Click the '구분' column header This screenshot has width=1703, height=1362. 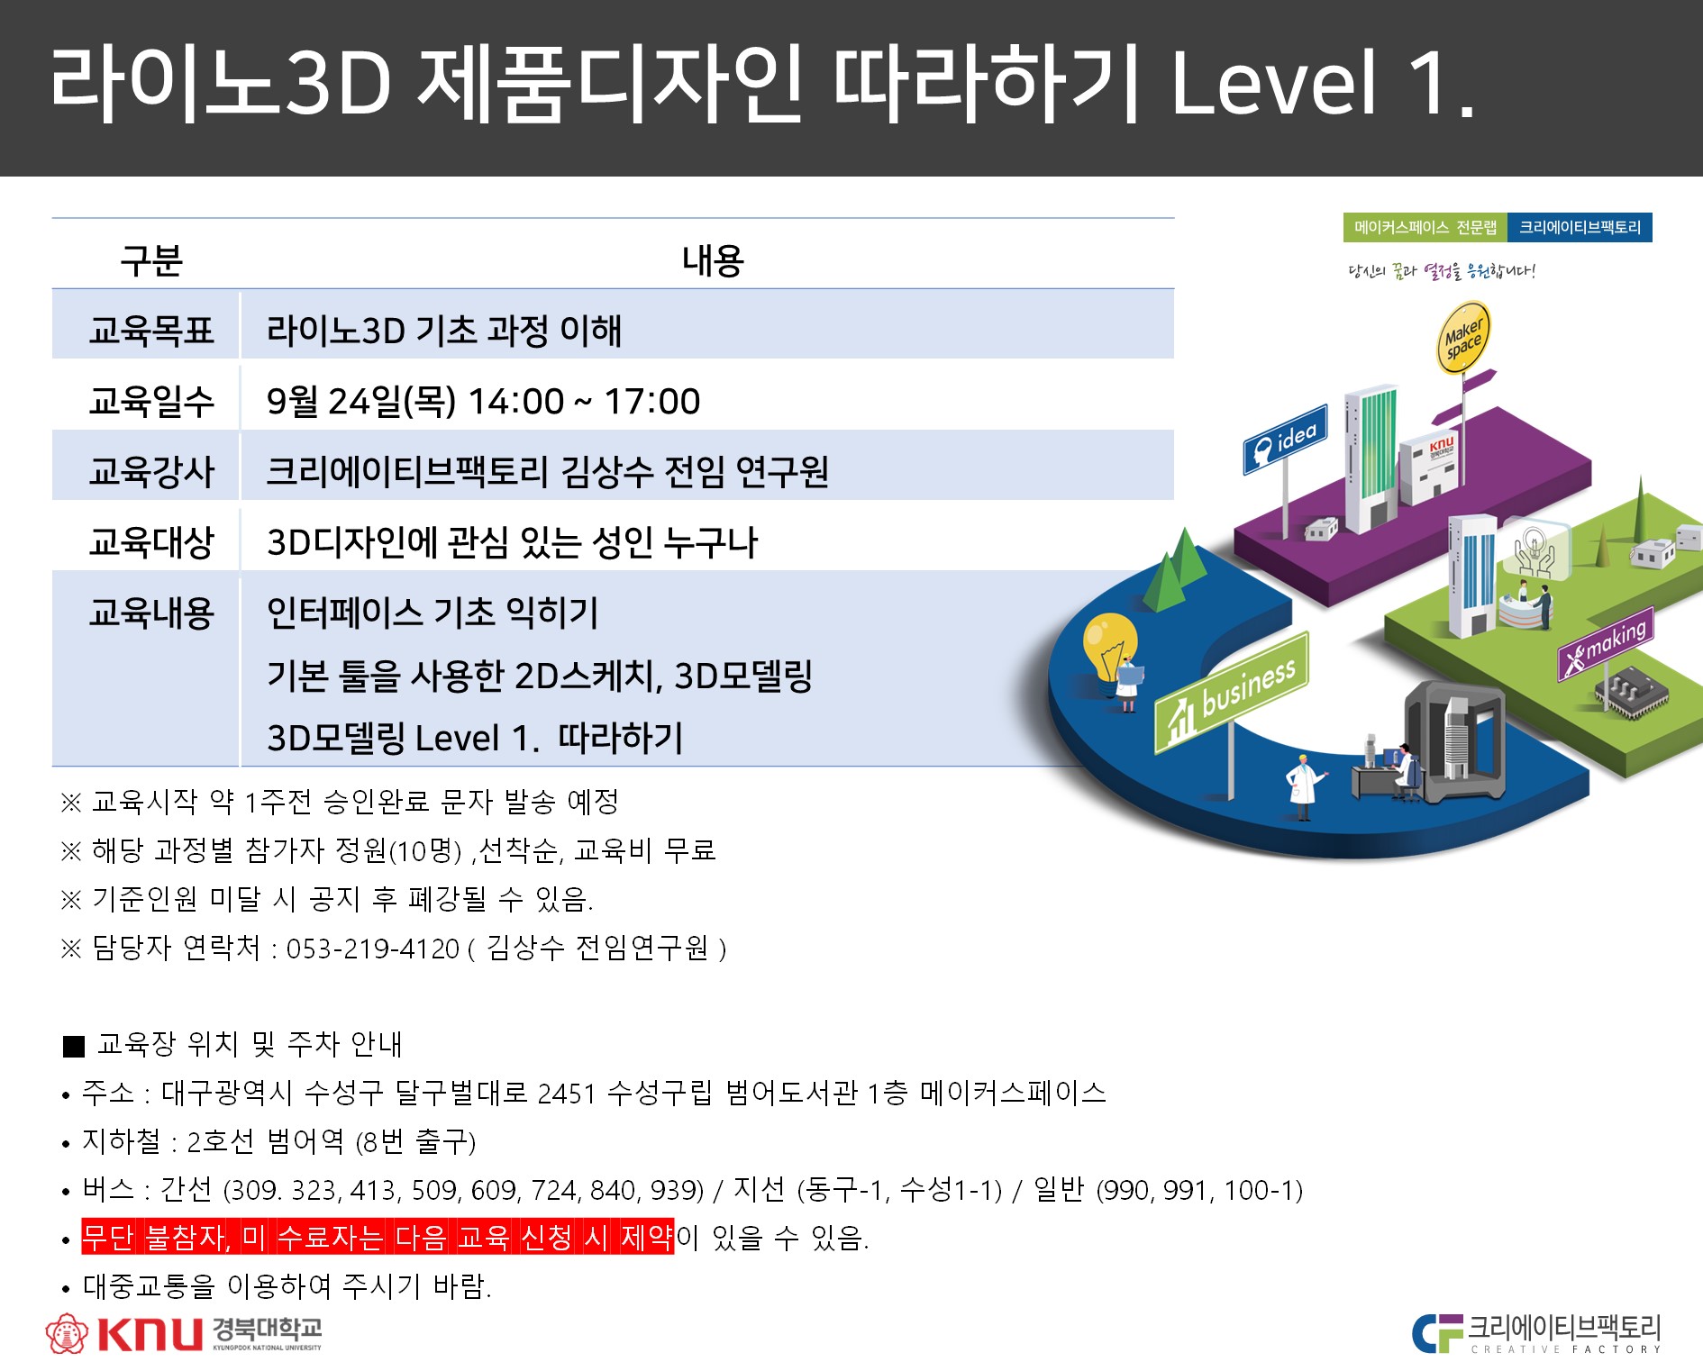(x=151, y=260)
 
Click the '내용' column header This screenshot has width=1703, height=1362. (x=713, y=260)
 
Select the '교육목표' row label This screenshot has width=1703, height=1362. (x=151, y=331)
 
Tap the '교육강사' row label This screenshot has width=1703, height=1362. (x=151, y=471)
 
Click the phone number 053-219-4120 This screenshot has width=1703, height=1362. (x=373, y=949)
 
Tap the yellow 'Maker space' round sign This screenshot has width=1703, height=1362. (x=1462, y=338)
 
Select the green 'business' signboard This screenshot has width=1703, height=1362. (x=1232, y=694)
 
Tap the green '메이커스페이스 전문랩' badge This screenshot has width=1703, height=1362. (x=1425, y=228)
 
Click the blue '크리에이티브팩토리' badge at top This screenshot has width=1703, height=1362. (x=1580, y=228)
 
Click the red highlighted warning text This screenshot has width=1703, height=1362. (x=378, y=1237)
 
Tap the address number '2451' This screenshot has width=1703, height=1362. (x=567, y=1094)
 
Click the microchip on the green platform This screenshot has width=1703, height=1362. (x=1632, y=693)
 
